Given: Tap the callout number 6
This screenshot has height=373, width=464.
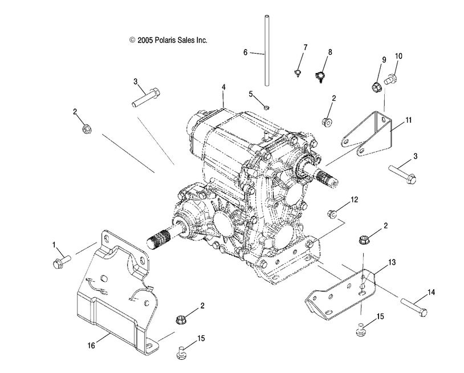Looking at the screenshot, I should pos(246,52).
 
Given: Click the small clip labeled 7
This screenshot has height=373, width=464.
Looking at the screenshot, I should pos(299,71).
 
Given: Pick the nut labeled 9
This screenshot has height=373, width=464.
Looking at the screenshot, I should pos(376,87).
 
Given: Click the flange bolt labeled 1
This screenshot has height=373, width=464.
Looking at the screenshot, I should pos(60,262).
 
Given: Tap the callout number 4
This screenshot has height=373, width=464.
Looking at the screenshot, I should pos(224,87).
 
